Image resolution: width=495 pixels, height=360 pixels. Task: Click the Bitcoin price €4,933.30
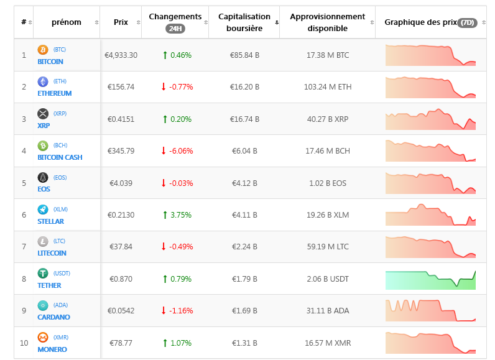coord(121,55)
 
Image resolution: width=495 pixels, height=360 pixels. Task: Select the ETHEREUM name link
coord(54,93)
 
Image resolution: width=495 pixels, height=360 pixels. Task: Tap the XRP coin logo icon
coord(43,113)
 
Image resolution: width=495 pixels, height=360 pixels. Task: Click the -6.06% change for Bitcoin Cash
coord(177,151)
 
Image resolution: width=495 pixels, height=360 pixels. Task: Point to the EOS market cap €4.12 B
coord(245,183)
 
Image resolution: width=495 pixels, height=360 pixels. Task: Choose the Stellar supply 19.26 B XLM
coord(328,215)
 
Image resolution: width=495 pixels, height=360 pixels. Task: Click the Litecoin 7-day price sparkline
coord(430,247)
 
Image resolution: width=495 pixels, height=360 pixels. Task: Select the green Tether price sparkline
coord(430,279)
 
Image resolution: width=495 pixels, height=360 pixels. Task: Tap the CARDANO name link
coord(53,317)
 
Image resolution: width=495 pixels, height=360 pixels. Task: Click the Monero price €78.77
coord(121,343)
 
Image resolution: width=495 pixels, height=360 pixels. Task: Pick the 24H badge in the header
coord(175,29)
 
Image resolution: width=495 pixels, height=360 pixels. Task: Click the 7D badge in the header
coord(467,22)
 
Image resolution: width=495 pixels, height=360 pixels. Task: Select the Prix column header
coord(121,22)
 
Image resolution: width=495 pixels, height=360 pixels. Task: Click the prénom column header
coord(67,22)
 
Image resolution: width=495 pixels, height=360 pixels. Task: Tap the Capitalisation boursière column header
coord(244,22)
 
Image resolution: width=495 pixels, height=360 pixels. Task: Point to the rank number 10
coord(24,343)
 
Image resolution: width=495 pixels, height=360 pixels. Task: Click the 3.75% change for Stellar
coord(177,215)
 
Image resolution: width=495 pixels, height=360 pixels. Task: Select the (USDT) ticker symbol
coord(62,273)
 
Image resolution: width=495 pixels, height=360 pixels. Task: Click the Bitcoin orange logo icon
coord(43,49)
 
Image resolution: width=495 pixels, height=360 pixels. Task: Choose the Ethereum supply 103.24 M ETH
coord(328,87)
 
